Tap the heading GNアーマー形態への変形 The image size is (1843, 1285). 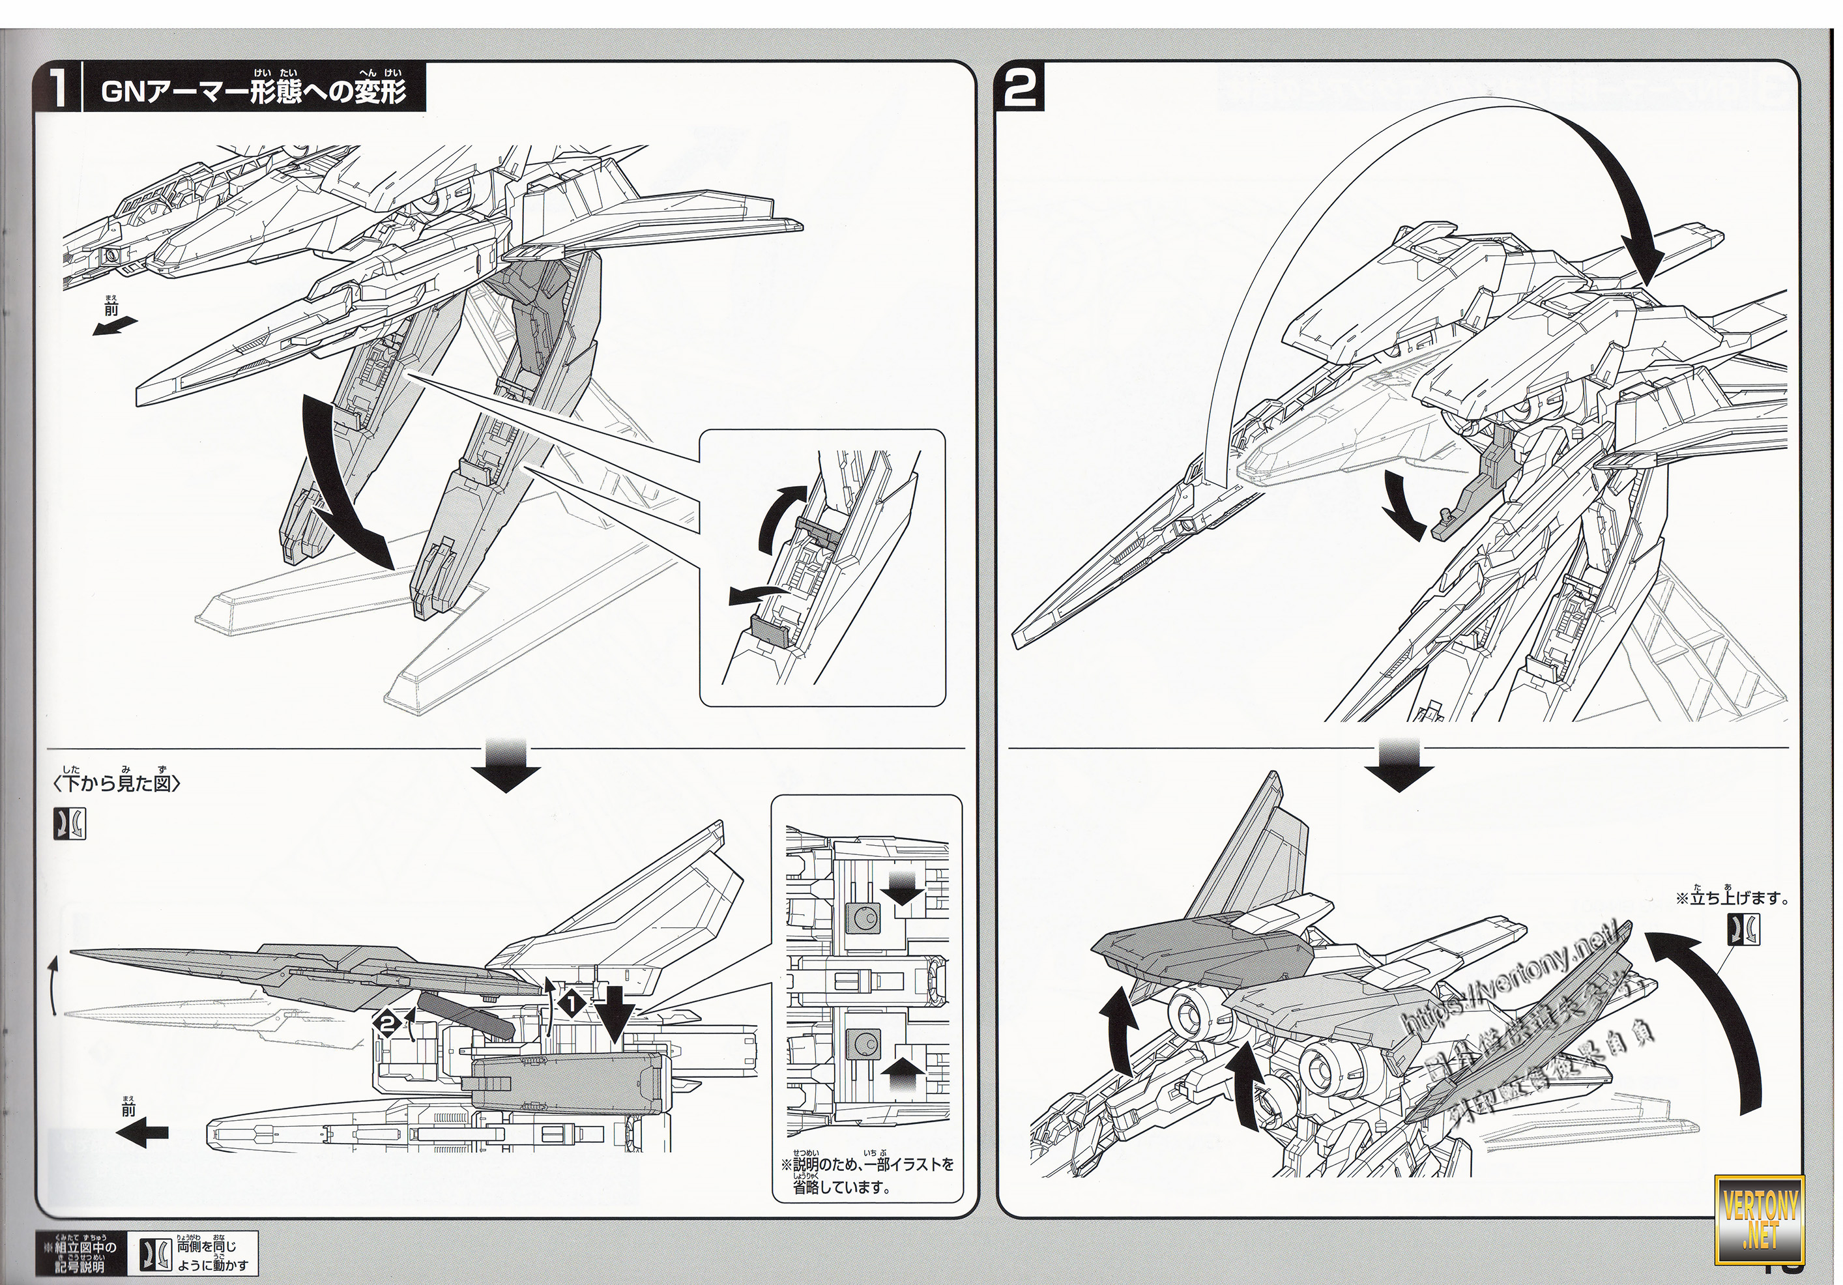tap(253, 93)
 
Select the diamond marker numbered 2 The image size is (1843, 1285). tap(388, 1023)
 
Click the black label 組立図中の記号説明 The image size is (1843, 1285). tap(83, 1254)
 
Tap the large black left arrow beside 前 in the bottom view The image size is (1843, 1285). tap(143, 1132)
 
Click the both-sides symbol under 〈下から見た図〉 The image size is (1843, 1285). tap(70, 824)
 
